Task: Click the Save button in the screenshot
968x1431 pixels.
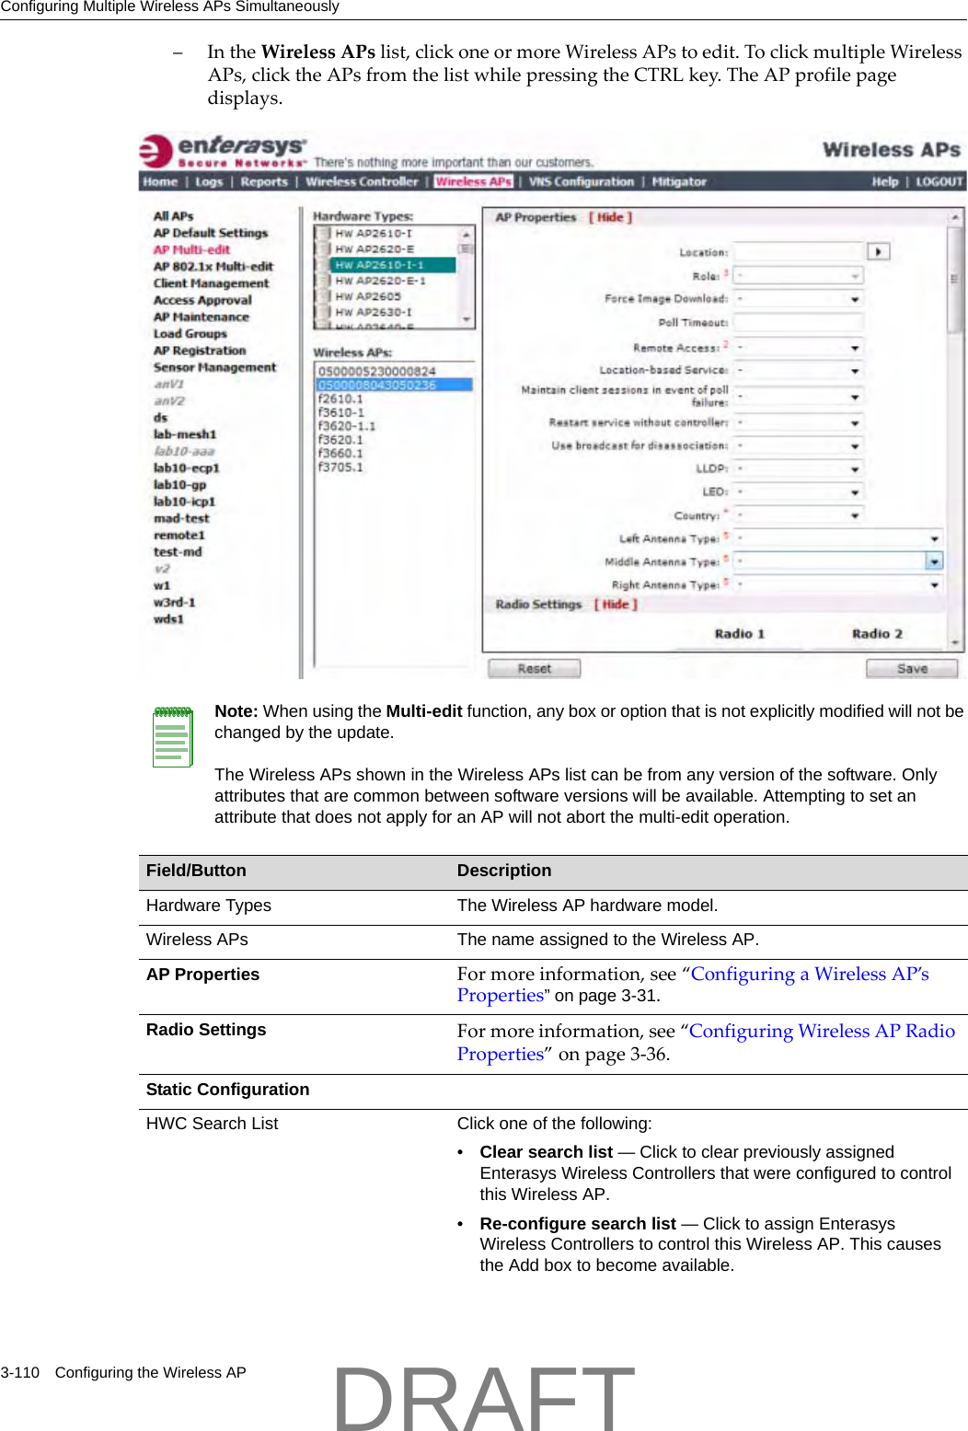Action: click(x=911, y=669)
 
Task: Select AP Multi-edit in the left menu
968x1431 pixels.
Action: click(x=191, y=249)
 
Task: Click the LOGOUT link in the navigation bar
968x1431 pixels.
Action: click(x=939, y=182)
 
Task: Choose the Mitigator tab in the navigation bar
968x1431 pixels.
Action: click(x=679, y=182)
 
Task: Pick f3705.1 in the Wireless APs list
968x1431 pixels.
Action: click(x=340, y=467)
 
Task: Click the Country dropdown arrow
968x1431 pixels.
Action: click(x=854, y=516)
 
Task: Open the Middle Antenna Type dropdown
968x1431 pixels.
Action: click(x=934, y=561)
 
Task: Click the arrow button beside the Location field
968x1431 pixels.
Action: click(x=878, y=252)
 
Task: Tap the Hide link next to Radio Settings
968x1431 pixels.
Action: click(x=616, y=605)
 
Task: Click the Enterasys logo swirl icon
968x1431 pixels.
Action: click(x=156, y=152)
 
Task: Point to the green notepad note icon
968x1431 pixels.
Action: click(x=172, y=737)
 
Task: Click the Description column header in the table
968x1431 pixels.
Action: click(x=504, y=871)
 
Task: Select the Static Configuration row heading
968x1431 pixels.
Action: click(x=227, y=1090)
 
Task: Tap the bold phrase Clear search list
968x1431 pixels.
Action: click(x=546, y=1152)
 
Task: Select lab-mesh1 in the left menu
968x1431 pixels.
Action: click(x=185, y=434)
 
